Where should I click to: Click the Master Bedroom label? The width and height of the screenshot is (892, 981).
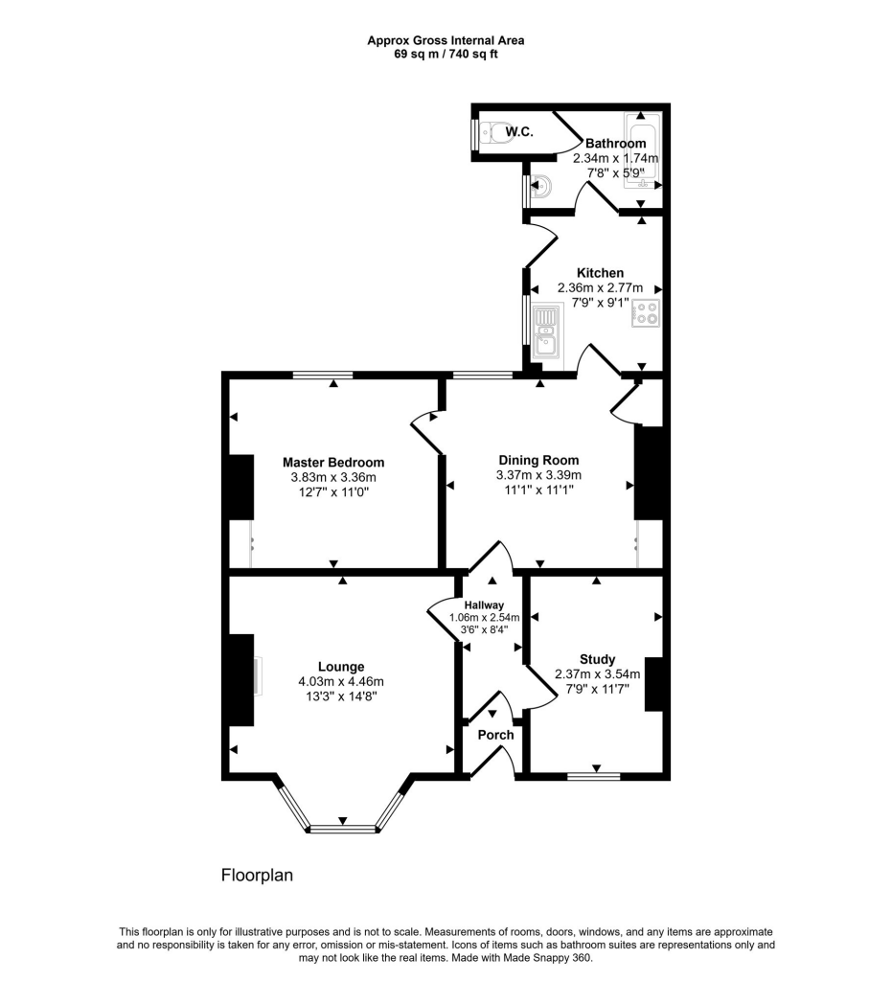point(332,462)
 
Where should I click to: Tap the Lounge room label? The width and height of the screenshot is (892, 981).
point(341,667)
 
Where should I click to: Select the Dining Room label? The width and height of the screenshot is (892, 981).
point(537,460)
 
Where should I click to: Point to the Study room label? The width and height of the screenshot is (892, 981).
point(597,659)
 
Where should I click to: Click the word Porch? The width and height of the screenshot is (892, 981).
point(496,735)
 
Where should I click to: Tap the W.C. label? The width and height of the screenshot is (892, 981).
point(519,130)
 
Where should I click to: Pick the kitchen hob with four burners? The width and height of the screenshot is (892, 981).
point(645,313)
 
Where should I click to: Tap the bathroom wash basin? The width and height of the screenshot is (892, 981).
point(539,185)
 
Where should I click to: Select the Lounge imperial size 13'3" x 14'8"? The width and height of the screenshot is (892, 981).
point(342,696)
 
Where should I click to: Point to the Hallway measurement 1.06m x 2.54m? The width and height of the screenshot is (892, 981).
point(485,617)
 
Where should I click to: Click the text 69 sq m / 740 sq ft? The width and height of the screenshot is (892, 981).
point(446,55)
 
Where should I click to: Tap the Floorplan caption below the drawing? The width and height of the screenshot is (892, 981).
point(257,875)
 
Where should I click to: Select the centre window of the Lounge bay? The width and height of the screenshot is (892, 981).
point(342,828)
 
